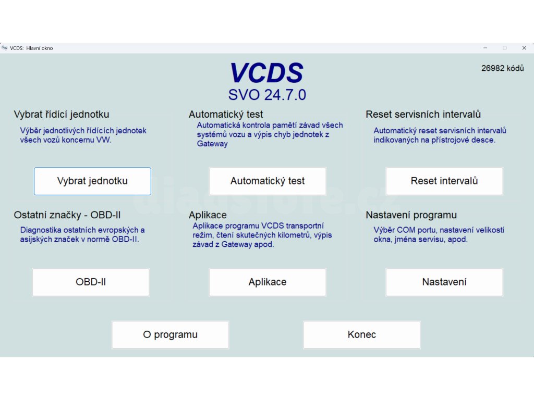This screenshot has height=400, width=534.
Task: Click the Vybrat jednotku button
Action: [x=92, y=181]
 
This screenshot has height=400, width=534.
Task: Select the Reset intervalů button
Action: [x=444, y=181]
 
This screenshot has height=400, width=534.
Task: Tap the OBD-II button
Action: [x=91, y=282]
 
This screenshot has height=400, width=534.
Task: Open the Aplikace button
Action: [x=268, y=282]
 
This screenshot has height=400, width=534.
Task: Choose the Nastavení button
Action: [x=444, y=282]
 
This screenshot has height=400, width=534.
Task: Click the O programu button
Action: [x=171, y=335]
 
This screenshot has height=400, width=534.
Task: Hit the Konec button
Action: [x=362, y=335]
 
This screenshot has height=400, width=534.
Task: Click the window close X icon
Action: [x=524, y=48]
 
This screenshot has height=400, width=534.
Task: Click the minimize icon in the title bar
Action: [x=486, y=48]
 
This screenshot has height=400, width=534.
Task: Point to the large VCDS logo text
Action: [x=266, y=73]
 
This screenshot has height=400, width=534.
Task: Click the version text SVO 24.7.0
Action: [x=267, y=95]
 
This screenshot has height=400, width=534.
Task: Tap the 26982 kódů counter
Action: [x=502, y=68]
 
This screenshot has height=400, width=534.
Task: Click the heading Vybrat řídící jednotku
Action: [x=62, y=114]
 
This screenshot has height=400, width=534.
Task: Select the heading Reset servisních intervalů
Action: [x=423, y=114]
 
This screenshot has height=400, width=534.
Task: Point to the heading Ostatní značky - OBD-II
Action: [x=67, y=215]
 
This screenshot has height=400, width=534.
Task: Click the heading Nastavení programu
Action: [x=411, y=215]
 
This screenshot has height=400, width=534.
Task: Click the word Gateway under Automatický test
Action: [x=212, y=144]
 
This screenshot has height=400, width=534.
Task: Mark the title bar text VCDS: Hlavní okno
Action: [x=31, y=48]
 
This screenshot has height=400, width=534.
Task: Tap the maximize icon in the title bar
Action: [x=505, y=48]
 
